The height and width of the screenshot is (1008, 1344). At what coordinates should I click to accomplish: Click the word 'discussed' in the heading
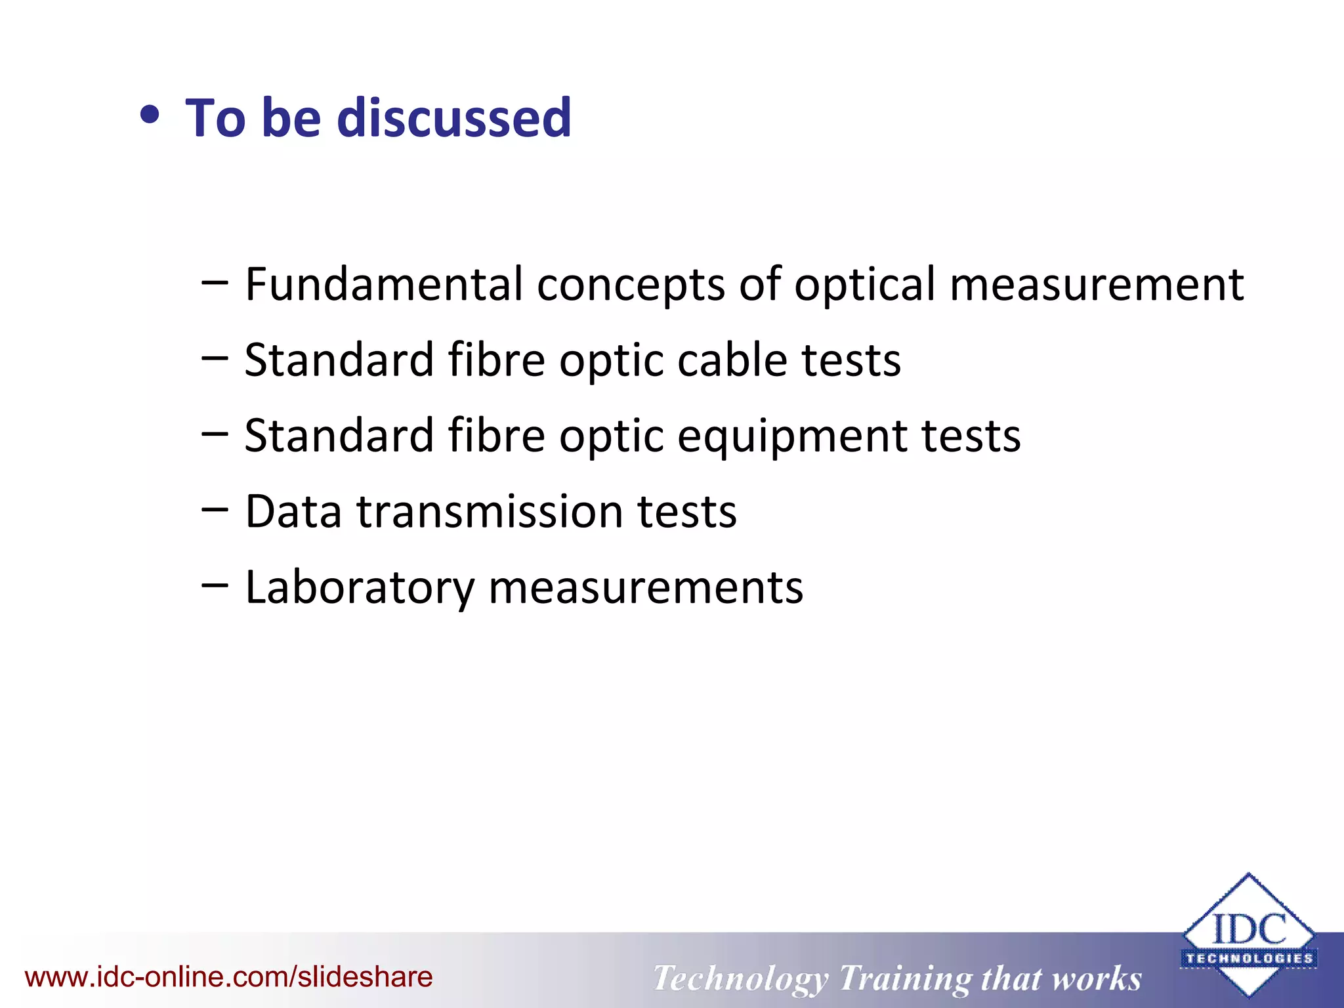454,118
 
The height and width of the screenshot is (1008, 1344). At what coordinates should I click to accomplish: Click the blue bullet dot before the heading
150,115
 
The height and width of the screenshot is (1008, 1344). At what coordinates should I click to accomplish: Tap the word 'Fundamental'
383,285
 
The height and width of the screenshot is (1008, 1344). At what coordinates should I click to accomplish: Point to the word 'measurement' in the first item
1096,285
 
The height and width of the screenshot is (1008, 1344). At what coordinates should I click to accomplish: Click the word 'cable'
732,360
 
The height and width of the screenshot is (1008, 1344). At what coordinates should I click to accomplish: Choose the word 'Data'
293,511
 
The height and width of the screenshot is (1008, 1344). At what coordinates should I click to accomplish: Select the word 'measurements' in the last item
646,587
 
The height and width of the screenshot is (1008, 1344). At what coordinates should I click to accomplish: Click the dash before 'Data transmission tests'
215,509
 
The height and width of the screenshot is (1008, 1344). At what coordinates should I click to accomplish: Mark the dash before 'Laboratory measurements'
215,584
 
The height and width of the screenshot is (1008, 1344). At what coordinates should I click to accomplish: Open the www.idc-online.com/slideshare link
228,977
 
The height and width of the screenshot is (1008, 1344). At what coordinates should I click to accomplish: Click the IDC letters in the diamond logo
1248,929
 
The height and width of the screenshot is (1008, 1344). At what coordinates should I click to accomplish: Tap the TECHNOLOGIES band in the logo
1249,958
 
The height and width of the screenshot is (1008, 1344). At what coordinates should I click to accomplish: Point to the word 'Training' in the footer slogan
905,979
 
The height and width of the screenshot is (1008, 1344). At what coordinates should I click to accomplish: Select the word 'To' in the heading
215,118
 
